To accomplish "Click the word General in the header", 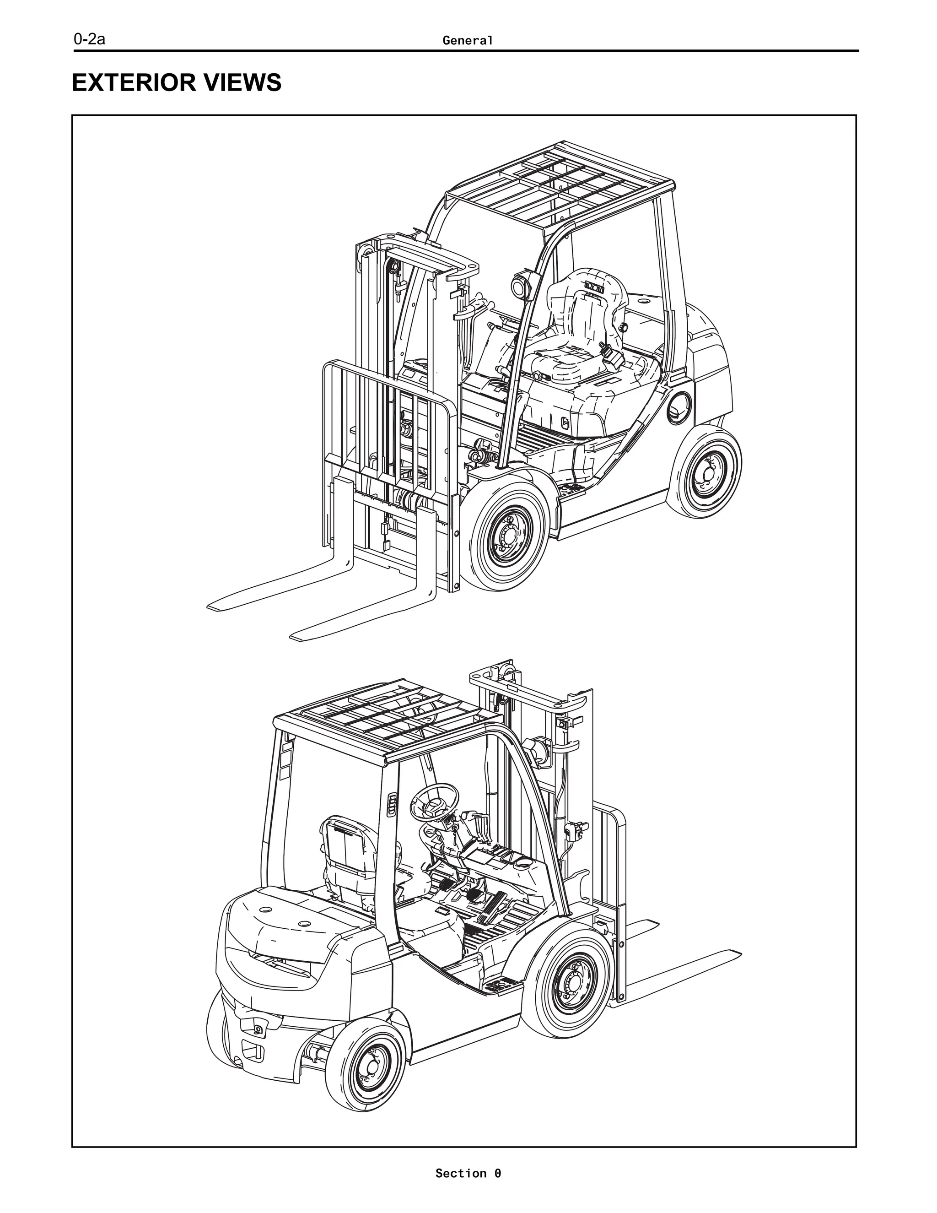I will pyautogui.click(x=468, y=41).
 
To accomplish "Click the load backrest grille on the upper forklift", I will pyautogui.click(x=388, y=422).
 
